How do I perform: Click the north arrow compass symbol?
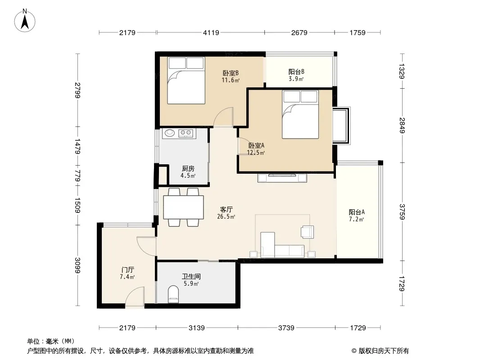[25, 21]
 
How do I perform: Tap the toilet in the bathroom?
[173, 294]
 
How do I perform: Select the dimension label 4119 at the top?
[211, 32]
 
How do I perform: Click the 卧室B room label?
[231, 73]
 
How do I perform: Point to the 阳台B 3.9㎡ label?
[296, 75]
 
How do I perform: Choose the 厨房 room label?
[188, 169]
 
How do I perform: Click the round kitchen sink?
[170, 133]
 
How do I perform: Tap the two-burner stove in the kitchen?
[186, 133]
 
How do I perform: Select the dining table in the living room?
[183, 207]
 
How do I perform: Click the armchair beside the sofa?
[307, 232]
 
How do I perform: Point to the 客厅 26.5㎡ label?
[226, 213]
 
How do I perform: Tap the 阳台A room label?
[357, 212]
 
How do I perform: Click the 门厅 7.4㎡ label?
[127, 273]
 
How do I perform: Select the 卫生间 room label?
[191, 276]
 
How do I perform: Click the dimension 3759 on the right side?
[402, 211]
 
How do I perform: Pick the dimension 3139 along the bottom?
[196, 328]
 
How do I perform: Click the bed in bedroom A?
[301, 114]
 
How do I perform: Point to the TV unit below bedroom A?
[282, 178]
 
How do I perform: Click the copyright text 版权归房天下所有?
[384, 351]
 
